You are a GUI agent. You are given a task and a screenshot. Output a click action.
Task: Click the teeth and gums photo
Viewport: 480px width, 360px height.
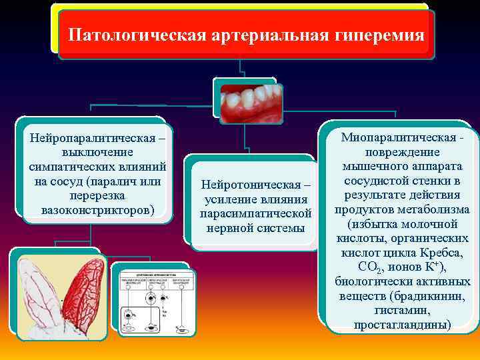click(249, 104)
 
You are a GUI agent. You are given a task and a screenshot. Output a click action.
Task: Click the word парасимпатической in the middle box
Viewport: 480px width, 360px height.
click(255, 214)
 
